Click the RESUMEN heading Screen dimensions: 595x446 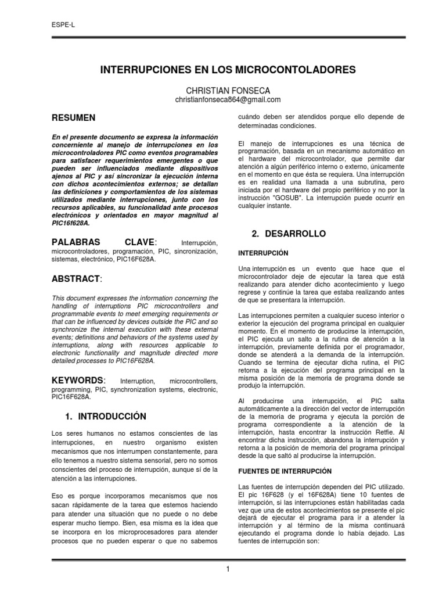(74, 118)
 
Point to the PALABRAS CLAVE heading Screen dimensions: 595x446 (105, 242)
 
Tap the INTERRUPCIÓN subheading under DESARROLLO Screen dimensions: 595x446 (264, 253)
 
